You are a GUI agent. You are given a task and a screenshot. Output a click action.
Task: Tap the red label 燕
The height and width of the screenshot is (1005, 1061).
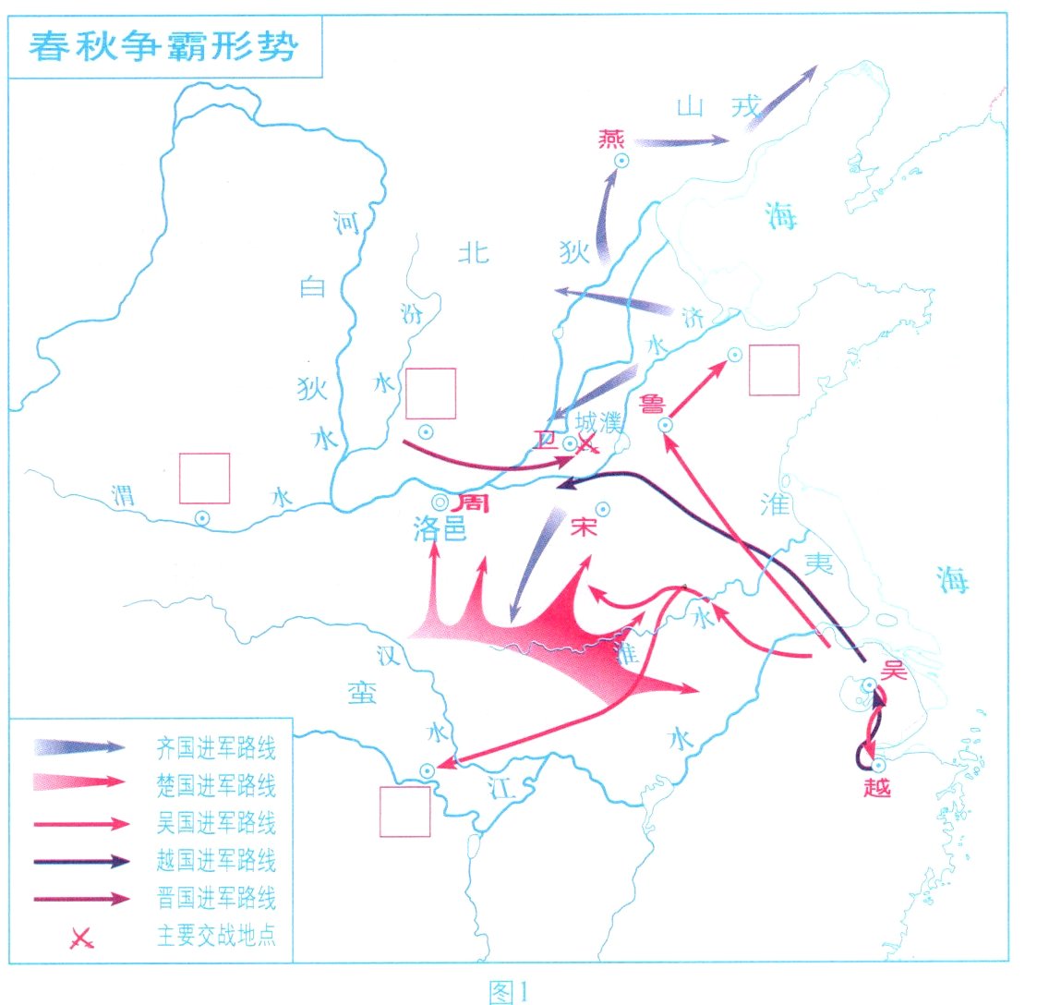tap(611, 139)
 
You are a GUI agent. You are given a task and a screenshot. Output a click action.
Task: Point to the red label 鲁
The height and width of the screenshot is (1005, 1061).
tap(653, 403)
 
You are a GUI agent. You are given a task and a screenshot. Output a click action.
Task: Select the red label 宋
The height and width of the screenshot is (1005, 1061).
tap(585, 527)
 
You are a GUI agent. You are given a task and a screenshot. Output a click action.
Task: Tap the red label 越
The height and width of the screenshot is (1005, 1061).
tap(876, 787)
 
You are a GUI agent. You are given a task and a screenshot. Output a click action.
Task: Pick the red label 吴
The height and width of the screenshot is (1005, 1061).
tap(895, 670)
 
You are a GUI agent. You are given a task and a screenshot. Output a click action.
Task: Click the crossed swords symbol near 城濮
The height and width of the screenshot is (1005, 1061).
tap(585, 444)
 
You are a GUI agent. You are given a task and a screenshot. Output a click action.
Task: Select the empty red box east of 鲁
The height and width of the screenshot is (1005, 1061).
tap(773, 370)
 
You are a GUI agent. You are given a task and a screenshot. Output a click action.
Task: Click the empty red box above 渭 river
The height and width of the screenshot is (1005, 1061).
tap(204, 478)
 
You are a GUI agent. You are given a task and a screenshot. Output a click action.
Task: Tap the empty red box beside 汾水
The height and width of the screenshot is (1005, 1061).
tap(431, 394)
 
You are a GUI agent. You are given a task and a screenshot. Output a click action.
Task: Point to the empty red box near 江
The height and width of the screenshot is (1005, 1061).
tap(405, 812)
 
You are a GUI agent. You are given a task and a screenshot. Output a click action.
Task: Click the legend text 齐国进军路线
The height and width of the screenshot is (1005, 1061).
tap(216, 748)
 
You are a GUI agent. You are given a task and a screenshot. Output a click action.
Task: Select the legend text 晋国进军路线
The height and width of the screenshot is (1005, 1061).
tap(216, 898)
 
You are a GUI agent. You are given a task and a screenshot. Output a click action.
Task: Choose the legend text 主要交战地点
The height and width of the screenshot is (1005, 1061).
tap(216, 936)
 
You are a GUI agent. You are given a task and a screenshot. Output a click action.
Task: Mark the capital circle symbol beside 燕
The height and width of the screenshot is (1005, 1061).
tap(622, 162)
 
